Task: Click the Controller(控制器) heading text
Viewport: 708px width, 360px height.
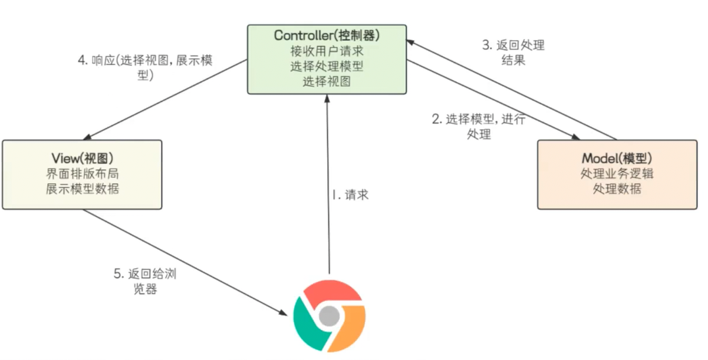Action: click(327, 35)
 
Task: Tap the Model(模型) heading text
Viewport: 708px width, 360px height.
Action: click(617, 158)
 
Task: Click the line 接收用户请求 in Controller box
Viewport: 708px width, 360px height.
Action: click(327, 51)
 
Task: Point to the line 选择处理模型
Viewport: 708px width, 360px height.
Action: click(327, 66)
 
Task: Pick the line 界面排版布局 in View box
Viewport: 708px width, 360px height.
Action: click(82, 174)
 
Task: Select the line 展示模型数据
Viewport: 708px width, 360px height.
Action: click(82, 189)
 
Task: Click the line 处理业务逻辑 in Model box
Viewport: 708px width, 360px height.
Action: click(617, 174)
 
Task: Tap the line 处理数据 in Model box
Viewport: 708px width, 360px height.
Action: click(617, 189)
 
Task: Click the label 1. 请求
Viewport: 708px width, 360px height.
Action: click(350, 195)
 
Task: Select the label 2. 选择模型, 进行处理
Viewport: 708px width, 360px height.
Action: click(479, 126)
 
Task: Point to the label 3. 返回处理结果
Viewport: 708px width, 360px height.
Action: click(513, 52)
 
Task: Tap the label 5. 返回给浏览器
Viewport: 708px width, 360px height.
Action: click(144, 282)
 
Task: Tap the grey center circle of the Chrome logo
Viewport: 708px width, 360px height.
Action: click(328, 318)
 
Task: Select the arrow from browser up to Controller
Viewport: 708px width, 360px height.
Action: click(328, 189)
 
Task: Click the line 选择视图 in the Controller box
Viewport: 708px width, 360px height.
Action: click(327, 81)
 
